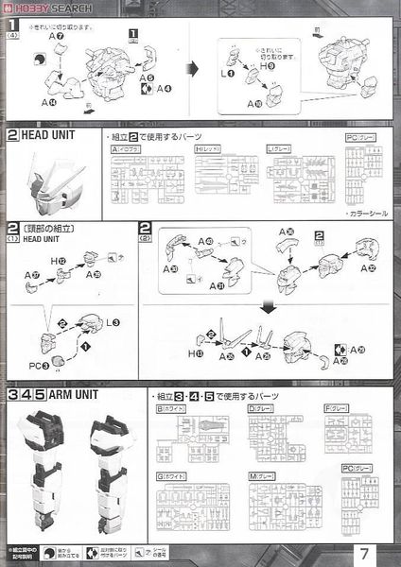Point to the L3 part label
click(115, 323)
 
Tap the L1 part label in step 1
click(227, 73)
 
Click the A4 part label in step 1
click(165, 88)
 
